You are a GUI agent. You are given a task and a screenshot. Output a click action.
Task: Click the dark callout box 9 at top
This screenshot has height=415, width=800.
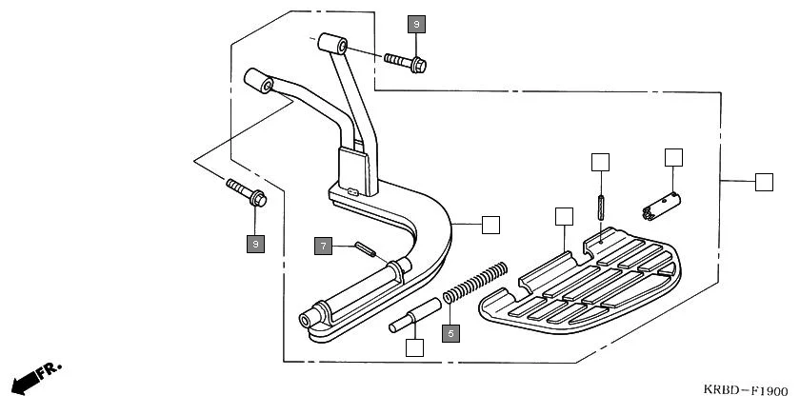point(416,25)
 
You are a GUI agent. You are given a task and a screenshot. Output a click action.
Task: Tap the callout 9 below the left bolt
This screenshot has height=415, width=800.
point(254,244)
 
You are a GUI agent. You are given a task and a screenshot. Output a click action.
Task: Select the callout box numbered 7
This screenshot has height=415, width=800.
point(324,247)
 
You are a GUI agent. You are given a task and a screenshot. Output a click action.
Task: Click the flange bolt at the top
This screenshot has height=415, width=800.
point(407,62)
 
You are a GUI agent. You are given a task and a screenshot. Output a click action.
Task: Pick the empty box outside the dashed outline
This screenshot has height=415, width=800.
point(764,182)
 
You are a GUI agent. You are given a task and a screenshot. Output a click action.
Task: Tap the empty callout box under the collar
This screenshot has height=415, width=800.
point(413,347)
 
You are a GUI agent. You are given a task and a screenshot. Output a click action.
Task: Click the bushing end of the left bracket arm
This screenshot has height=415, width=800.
point(260,79)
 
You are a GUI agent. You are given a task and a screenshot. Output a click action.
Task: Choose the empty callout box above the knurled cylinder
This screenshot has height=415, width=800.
point(673,157)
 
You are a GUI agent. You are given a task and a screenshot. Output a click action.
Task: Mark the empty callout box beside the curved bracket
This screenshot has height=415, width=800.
point(490,225)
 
